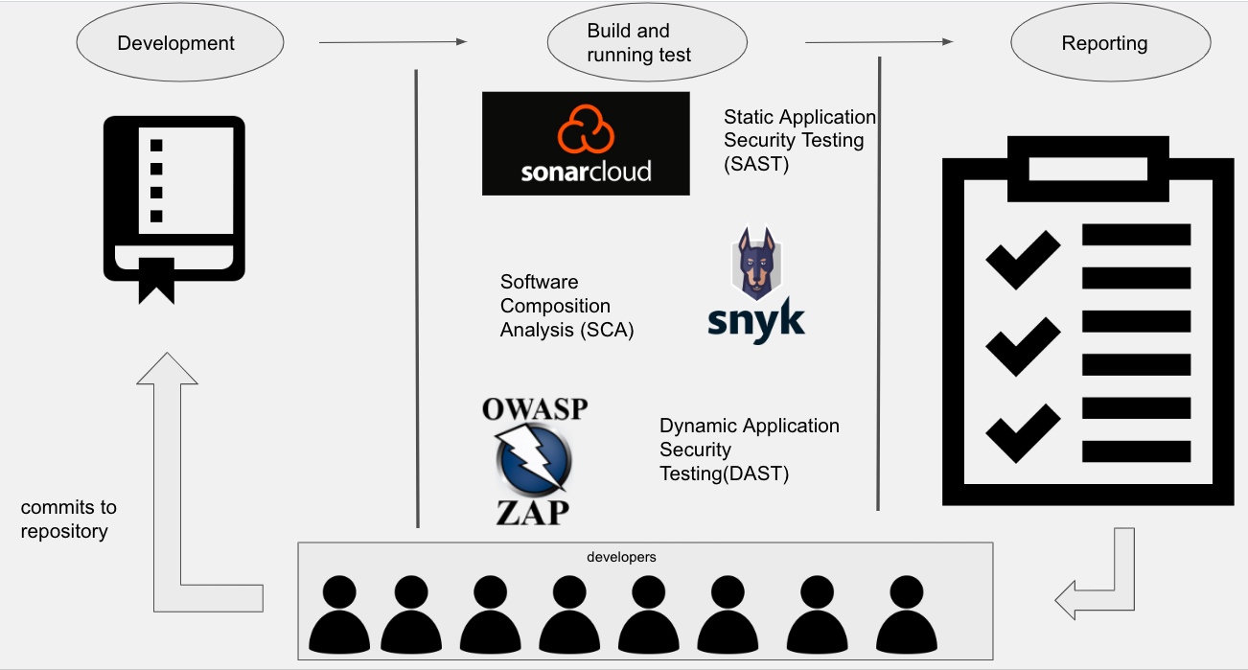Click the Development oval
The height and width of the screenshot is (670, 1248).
[x=179, y=43]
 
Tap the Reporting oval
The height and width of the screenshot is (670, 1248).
[x=1105, y=43]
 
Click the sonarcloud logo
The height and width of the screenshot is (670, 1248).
[x=586, y=144]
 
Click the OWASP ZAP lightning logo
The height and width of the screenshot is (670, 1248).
[x=534, y=460]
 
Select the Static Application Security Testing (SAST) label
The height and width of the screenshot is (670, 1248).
[x=798, y=140]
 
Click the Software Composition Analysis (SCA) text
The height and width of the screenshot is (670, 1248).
[x=566, y=306]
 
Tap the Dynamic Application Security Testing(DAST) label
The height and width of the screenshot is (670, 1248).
[x=749, y=450]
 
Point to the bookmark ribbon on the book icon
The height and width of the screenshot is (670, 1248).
[x=157, y=279]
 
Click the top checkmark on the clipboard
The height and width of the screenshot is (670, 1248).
[x=1023, y=259]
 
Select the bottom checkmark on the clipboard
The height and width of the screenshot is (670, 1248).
[x=1023, y=432]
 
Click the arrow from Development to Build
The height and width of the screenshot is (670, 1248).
[x=392, y=42]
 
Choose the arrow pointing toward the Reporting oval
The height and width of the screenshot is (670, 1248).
[x=879, y=42]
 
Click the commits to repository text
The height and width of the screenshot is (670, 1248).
[x=68, y=519]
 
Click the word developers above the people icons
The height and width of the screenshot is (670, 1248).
[x=621, y=557]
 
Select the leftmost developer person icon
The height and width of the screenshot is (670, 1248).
[x=339, y=613]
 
